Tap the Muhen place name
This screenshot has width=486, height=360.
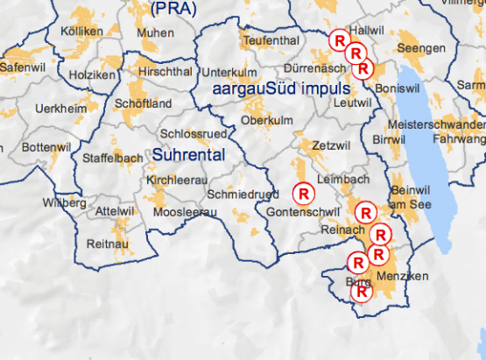coord(156,32)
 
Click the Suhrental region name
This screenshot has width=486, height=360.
coord(189,155)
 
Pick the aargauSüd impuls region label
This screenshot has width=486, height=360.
coord(275,89)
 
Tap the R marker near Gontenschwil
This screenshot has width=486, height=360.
coord(303,192)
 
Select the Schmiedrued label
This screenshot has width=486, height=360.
coord(243,194)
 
